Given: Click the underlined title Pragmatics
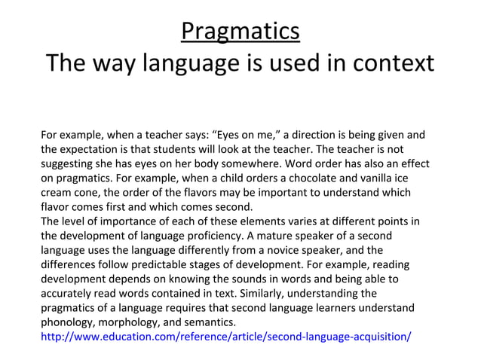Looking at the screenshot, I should pos(240,32).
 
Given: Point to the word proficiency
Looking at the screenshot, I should pos(209,236).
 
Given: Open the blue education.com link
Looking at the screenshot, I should pos(226,336).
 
